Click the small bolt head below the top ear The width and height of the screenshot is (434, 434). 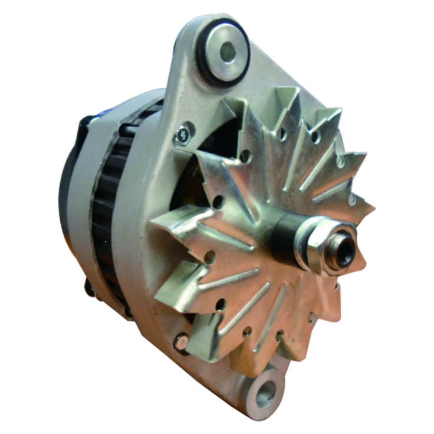[184, 134]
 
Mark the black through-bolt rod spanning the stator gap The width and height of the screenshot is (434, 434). [127, 128]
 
